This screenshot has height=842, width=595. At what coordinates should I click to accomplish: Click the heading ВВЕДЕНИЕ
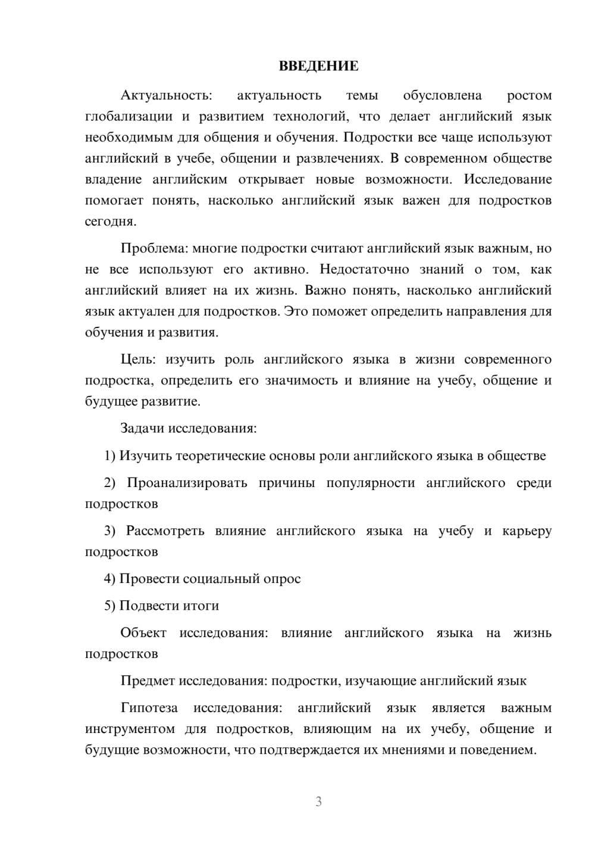[x=318, y=66]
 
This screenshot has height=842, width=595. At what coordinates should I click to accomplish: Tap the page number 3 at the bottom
[x=318, y=802]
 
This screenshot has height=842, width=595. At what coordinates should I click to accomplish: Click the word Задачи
[x=143, y=428]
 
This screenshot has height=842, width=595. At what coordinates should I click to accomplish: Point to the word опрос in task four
[x=282, y=578]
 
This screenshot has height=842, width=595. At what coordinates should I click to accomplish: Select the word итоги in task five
[x=202, y=606]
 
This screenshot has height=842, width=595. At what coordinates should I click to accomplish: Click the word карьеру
[x=527, y=531]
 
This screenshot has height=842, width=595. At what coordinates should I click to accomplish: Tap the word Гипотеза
[x=149, y=707]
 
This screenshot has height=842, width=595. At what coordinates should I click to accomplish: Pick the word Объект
[x=143, y=632]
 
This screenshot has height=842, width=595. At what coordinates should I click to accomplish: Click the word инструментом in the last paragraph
[x=130, y=729]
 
